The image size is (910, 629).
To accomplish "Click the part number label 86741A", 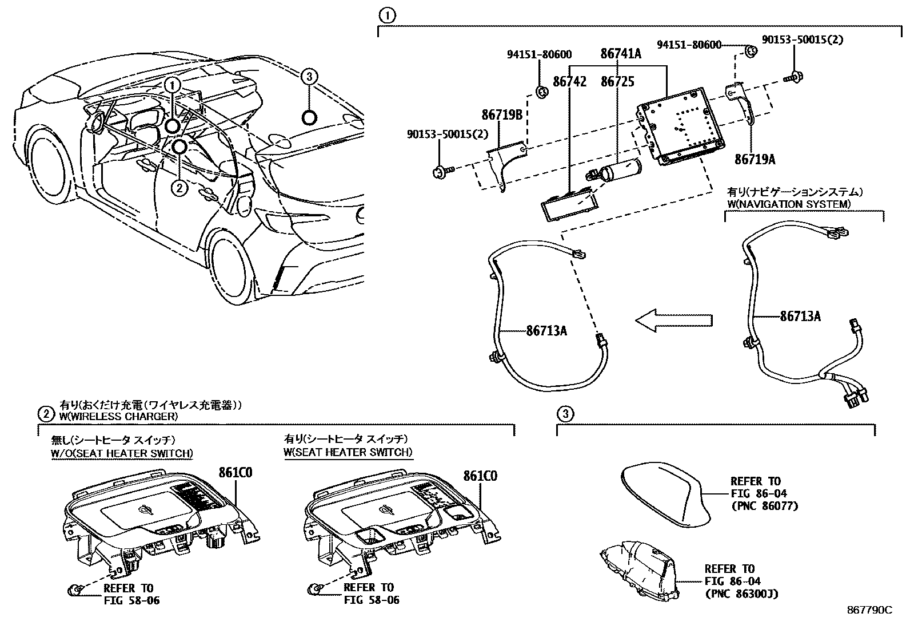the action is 621,53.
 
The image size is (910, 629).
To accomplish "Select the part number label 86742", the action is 569,82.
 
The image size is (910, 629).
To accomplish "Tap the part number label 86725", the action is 617,82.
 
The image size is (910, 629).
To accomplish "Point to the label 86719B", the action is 502,115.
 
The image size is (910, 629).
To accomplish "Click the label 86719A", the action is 755,159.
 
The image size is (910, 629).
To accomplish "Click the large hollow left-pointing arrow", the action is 673,321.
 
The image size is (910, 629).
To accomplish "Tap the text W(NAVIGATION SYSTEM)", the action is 788,204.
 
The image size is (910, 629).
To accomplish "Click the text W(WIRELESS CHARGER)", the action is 118,416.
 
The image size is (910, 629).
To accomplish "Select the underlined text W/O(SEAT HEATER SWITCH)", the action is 122,453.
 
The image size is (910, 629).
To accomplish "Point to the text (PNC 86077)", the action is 765,506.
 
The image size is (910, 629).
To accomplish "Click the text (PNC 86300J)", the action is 742,594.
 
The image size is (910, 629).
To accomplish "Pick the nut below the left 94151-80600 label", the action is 542,92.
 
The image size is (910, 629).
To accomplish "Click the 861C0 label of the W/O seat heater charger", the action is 236,472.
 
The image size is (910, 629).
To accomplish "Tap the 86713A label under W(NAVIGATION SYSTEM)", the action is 800,316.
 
